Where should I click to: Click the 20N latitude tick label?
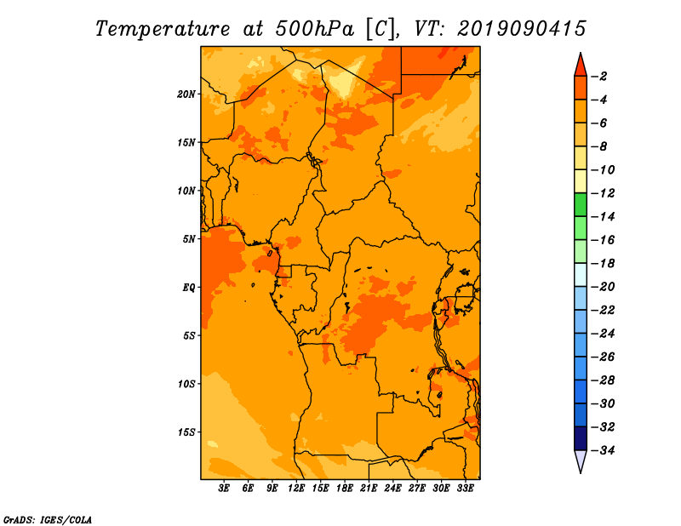coord(186,94)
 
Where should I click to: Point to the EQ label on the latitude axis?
coord(189,288)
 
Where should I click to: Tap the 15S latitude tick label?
coord(186,432)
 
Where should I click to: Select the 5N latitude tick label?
coord(189,239)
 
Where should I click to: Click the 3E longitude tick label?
coord(224,488)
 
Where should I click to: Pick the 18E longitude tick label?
coord(345,488)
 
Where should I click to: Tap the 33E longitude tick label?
coord(465,488)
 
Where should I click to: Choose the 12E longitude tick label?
coord(296,488)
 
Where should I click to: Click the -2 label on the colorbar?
coord(599,77)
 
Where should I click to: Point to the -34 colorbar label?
coord(603,450)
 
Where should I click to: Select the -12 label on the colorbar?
coord(603,193)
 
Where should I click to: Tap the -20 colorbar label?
coord(603,287)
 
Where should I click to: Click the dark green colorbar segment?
coord(581,205)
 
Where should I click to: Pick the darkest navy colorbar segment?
coord(581,438)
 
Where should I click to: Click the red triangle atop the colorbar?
coord(581,66)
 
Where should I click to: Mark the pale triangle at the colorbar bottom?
coord(581,461)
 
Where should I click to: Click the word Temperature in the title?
coord(163,30)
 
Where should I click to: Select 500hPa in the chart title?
coord(315,29)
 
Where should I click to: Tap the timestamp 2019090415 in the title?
coord(522,29)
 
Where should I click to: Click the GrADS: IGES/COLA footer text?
coord(48,520)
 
